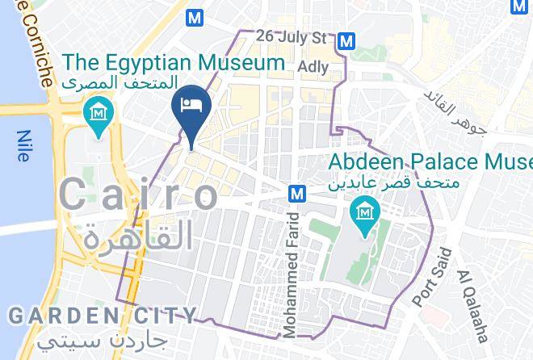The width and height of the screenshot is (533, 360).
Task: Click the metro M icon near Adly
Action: click(347, 40)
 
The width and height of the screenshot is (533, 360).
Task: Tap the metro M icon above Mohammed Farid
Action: click(297, 194)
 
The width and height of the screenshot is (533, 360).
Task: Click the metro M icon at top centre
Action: click(194, 17)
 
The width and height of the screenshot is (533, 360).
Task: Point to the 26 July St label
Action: click(291, 37)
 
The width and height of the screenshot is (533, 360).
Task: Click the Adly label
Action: click(313, 66)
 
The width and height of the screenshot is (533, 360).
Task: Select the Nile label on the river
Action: click(23, 146)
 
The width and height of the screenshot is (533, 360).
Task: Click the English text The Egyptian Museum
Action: click(174, 61)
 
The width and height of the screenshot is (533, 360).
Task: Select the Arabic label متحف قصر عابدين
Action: click(393, 183)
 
